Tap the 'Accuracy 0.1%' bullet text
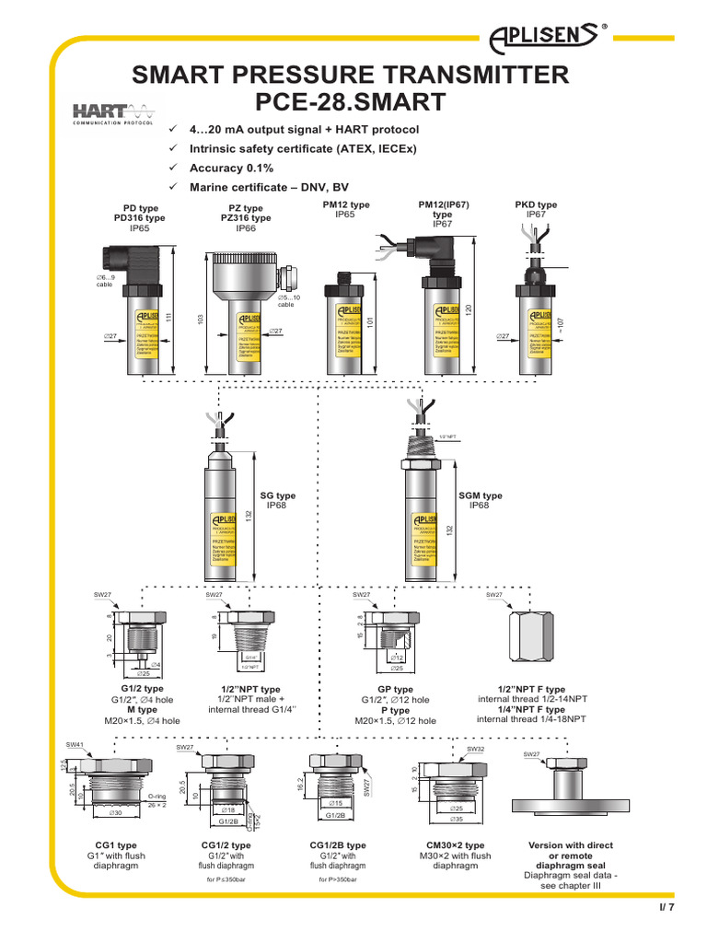[x=231, y=169]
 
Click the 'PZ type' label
[x=245, y=209]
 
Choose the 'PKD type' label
[x=536, y=204]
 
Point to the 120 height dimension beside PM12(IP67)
[x=468, y=311]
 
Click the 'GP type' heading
[x=396, y=689]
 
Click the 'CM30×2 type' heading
[x=455, y=844]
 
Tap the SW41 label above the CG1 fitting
[x=75, y=744]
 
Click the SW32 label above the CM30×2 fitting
[x=475, y=750]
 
